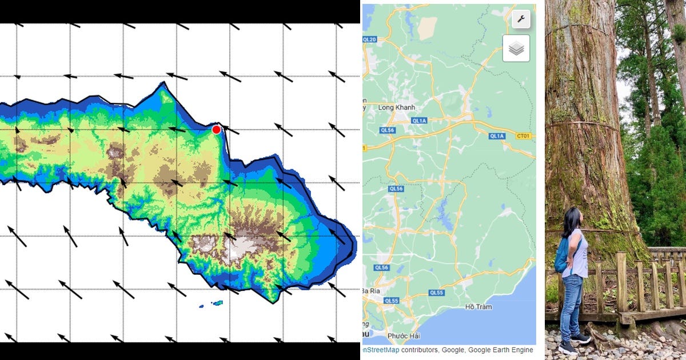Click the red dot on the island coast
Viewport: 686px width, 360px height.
click(216, 130)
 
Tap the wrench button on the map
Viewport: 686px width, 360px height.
click(521, 19)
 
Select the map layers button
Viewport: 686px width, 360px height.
click(516, 49)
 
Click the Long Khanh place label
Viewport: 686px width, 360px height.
click(396, 107)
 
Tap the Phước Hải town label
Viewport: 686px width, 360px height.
click(404, 335)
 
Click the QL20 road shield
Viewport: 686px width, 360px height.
click(369, 39)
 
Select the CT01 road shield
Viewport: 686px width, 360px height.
click(523, 136)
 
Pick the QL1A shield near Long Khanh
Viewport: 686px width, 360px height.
click(419, 121)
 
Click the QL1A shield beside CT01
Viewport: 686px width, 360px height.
click(497, 136)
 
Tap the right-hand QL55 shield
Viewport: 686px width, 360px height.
click(436, 293)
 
